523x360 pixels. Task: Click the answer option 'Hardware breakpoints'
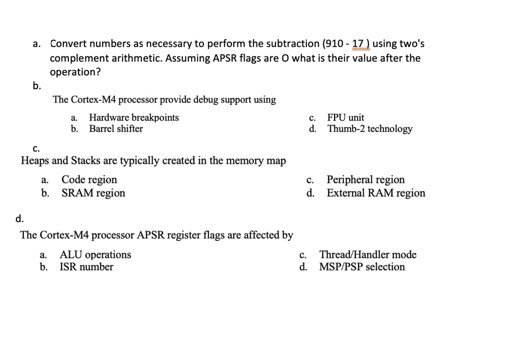tap(134, 117)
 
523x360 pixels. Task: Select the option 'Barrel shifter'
tap(116, 129)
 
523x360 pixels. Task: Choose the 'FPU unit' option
tap(346, 117)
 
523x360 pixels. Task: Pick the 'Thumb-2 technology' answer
tap(370, 129)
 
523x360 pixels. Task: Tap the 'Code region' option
tap(89, 180)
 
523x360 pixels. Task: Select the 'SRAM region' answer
tap(93, 193)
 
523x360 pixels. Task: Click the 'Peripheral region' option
tap(366, 180)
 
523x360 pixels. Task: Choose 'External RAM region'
tap(376, 193)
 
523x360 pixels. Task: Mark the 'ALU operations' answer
tap(96, 254)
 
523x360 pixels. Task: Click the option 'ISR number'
tap(86, 267)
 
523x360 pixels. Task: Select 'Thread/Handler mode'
tap(368, 254)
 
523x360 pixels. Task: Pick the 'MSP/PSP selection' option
tap(362, 267)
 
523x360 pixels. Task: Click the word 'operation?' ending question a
tap(76, 72)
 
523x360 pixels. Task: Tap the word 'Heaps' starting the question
tap(35, 161)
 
